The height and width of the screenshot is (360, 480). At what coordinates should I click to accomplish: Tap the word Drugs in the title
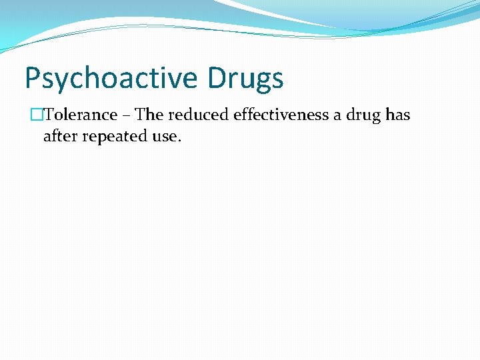tap(246, 79)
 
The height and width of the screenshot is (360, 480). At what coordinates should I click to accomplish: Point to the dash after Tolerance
tap(126, 115)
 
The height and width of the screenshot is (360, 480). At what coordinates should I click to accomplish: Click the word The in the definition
tap(149, 115)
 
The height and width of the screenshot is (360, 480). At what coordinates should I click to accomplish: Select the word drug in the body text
tap(364, 115)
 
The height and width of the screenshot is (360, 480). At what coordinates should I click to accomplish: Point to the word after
tap(59, 136)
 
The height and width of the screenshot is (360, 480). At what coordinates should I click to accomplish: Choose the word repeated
tap(113, 137)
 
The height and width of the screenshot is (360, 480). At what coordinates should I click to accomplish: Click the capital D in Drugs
tap(219, 77)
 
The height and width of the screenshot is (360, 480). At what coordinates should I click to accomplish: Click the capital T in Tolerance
tap(48, 115)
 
